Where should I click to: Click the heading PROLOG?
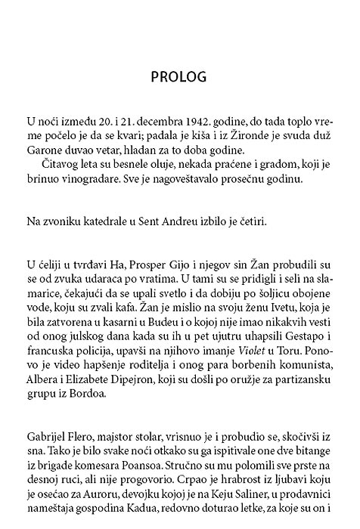tap(179, 79)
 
